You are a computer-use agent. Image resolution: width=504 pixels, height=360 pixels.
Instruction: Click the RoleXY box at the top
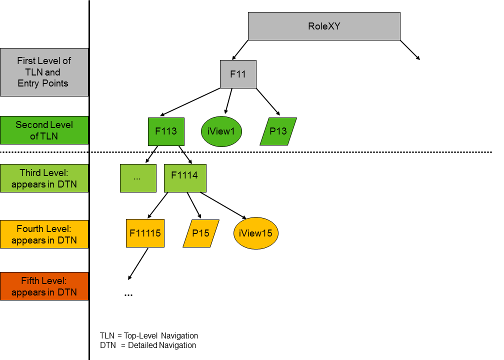click(x=324, y=26)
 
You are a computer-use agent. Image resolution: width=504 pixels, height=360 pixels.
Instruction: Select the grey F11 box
click(x=238, y=74)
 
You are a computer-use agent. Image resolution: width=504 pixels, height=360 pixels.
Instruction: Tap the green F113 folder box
click(x=166, y=131)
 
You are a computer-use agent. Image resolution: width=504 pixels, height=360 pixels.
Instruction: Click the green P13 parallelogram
click(x=278, y=131)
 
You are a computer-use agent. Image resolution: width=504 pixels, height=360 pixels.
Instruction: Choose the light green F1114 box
click(x=184, y=178)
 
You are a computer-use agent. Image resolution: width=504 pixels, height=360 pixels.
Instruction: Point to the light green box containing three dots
click(x=138, y=178)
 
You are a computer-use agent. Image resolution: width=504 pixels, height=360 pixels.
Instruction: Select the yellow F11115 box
click(x=145, y=233)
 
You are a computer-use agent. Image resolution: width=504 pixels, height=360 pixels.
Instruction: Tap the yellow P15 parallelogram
click(x=201, y=233)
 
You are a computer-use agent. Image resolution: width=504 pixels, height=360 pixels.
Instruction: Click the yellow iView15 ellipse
click(x=255, y=233)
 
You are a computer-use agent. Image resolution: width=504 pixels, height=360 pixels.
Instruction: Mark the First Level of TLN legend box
click(x=44, y=72)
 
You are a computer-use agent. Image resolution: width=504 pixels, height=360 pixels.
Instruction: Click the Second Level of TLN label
click(x=44, y=130)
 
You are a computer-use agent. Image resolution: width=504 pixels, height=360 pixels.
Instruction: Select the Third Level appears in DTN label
click(x=44, y=178)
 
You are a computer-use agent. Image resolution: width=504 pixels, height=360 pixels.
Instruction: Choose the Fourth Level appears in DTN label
click(x=44, y=234)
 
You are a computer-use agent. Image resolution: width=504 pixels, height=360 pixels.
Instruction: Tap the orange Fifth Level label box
click(x=44, y=286)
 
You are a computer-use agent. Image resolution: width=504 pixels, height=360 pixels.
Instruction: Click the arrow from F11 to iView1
click(x=228, y=101)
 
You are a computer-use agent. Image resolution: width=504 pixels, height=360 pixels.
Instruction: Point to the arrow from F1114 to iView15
click(x=222, y=205)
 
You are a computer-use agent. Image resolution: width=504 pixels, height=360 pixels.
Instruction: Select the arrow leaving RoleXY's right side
click(x=410, y=50)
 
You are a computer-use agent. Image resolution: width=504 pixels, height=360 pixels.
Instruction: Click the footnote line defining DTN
click(x=148, y=345)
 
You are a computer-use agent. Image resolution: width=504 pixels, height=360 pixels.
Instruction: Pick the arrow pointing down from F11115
click(x=138, y=264)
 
